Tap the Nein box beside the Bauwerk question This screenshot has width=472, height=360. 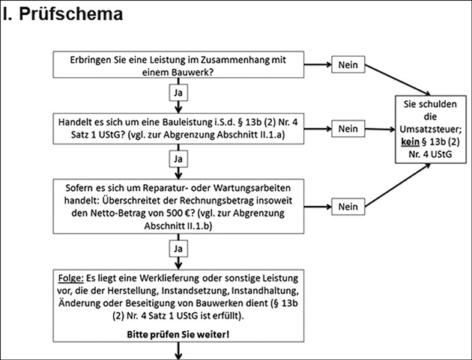pyautogui.click(x=348, y=65)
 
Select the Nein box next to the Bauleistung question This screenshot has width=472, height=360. pyautogui.click(x=348, y=129)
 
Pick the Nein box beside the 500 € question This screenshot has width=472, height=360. pyautogui.click(x=348, y=206)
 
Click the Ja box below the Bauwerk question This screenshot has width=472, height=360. pyautogui.click(x=178, y=93)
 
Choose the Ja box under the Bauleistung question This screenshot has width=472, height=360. pyautogui.click(x=178, y=159)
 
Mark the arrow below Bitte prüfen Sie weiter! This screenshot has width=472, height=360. pyautogui.click(x=178, y=351)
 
